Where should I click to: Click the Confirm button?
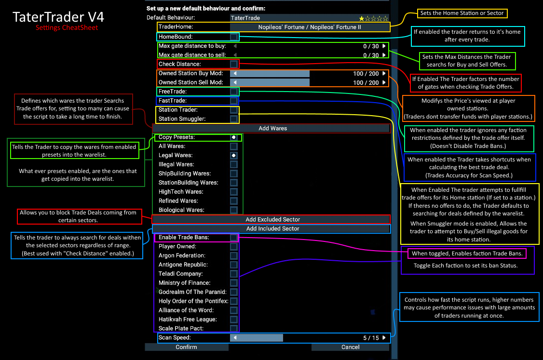point(186,347)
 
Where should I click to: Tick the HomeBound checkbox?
point(234,37)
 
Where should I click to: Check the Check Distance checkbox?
point(234,64)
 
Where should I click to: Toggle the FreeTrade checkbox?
point(234,92)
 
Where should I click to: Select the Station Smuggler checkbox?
point(234,119)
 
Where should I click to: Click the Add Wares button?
point(272,128)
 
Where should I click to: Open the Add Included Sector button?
point(272,228)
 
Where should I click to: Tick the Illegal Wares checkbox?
point(234,164)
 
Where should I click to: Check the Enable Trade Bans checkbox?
point(234,238)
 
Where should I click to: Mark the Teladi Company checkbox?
point(234,274)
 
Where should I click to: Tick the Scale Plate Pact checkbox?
point(234,329)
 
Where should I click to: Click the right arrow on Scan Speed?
point(384,338)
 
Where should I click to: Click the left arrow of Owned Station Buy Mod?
point(235,74)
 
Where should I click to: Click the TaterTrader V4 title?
point(58,17)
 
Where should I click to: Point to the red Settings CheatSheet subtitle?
point(67,28)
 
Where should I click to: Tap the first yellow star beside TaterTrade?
point(362,18)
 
